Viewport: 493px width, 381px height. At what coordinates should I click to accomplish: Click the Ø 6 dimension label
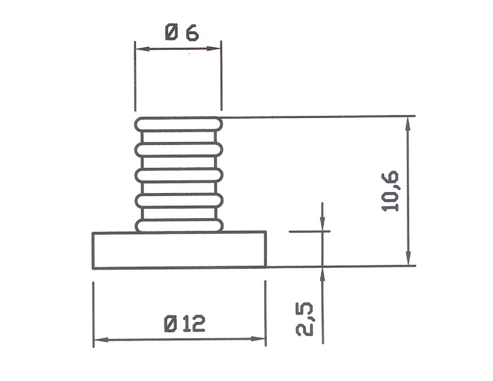pos(182,33)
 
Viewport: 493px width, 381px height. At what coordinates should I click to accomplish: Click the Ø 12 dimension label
pos(185,324)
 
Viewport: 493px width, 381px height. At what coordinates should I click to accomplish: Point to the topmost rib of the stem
pos(179,124)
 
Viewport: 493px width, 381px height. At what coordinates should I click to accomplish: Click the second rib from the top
pos(179,149)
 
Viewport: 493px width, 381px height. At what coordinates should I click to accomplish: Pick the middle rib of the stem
pos(179,175)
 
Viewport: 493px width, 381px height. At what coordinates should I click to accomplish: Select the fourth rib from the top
pos(179,200)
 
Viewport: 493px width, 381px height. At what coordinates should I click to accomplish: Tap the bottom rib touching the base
pos(179,225)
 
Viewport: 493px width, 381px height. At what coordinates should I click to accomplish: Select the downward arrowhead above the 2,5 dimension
pos(322,225)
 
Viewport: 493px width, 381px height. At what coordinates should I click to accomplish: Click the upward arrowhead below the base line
pos(322,273)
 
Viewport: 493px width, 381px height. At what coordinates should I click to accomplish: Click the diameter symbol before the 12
pos(171,324)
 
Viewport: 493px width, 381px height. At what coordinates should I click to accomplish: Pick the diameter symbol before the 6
pos(171,33)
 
